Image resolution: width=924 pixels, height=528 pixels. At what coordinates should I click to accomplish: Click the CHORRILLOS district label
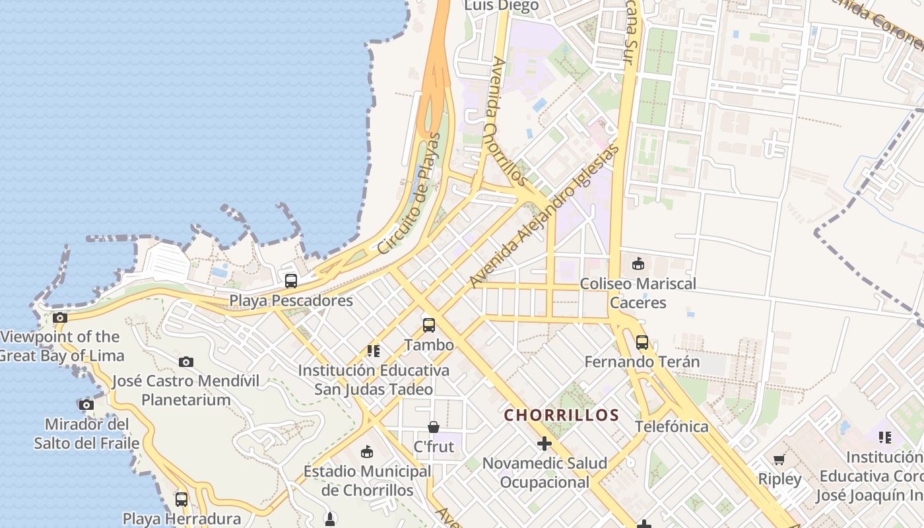point(562,415)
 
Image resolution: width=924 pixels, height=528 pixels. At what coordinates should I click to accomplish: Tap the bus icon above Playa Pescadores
point(291,280)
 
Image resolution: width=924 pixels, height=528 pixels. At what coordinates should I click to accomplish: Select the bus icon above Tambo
point(429,325)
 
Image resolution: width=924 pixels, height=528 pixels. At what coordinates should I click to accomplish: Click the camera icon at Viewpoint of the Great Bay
point(60,317)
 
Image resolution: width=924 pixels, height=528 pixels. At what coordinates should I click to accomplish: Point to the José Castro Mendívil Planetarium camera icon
point(186,362)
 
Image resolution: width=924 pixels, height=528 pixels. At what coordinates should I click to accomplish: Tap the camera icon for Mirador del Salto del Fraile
point(86,405)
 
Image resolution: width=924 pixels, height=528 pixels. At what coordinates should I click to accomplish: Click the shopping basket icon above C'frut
point(434,427)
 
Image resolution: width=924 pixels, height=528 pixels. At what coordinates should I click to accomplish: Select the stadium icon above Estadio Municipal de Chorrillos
point(367,451)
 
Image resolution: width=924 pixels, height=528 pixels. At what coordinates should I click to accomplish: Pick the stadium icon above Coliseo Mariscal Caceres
point(638,264)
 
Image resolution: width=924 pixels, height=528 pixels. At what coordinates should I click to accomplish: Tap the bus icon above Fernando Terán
point(642,343)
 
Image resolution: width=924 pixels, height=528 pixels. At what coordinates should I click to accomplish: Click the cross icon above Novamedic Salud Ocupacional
point(544,444)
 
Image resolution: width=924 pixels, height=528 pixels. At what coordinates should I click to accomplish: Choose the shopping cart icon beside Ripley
point(779,459)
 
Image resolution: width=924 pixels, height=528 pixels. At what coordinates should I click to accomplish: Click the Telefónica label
point(672,426)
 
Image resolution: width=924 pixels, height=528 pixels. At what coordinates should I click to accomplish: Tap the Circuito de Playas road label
point(408,193)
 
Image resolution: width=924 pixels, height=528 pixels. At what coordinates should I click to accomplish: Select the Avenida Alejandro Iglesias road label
point(544,216)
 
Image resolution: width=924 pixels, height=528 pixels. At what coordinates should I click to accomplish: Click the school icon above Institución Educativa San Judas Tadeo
point(374,350)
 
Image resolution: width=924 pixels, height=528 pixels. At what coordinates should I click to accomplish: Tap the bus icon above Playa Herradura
point(181,499)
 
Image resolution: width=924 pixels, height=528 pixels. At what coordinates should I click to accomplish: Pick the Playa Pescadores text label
point(291,300)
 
